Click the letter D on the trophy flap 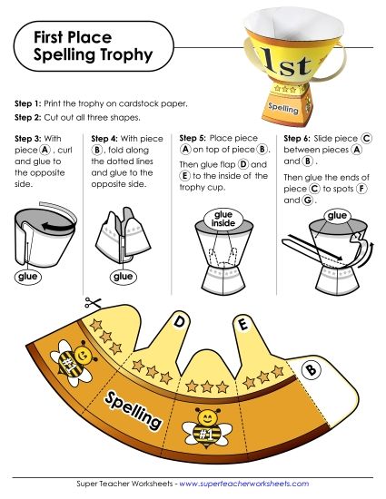click(x=180, y=321)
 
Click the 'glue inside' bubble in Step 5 click(x=223, y=218)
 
